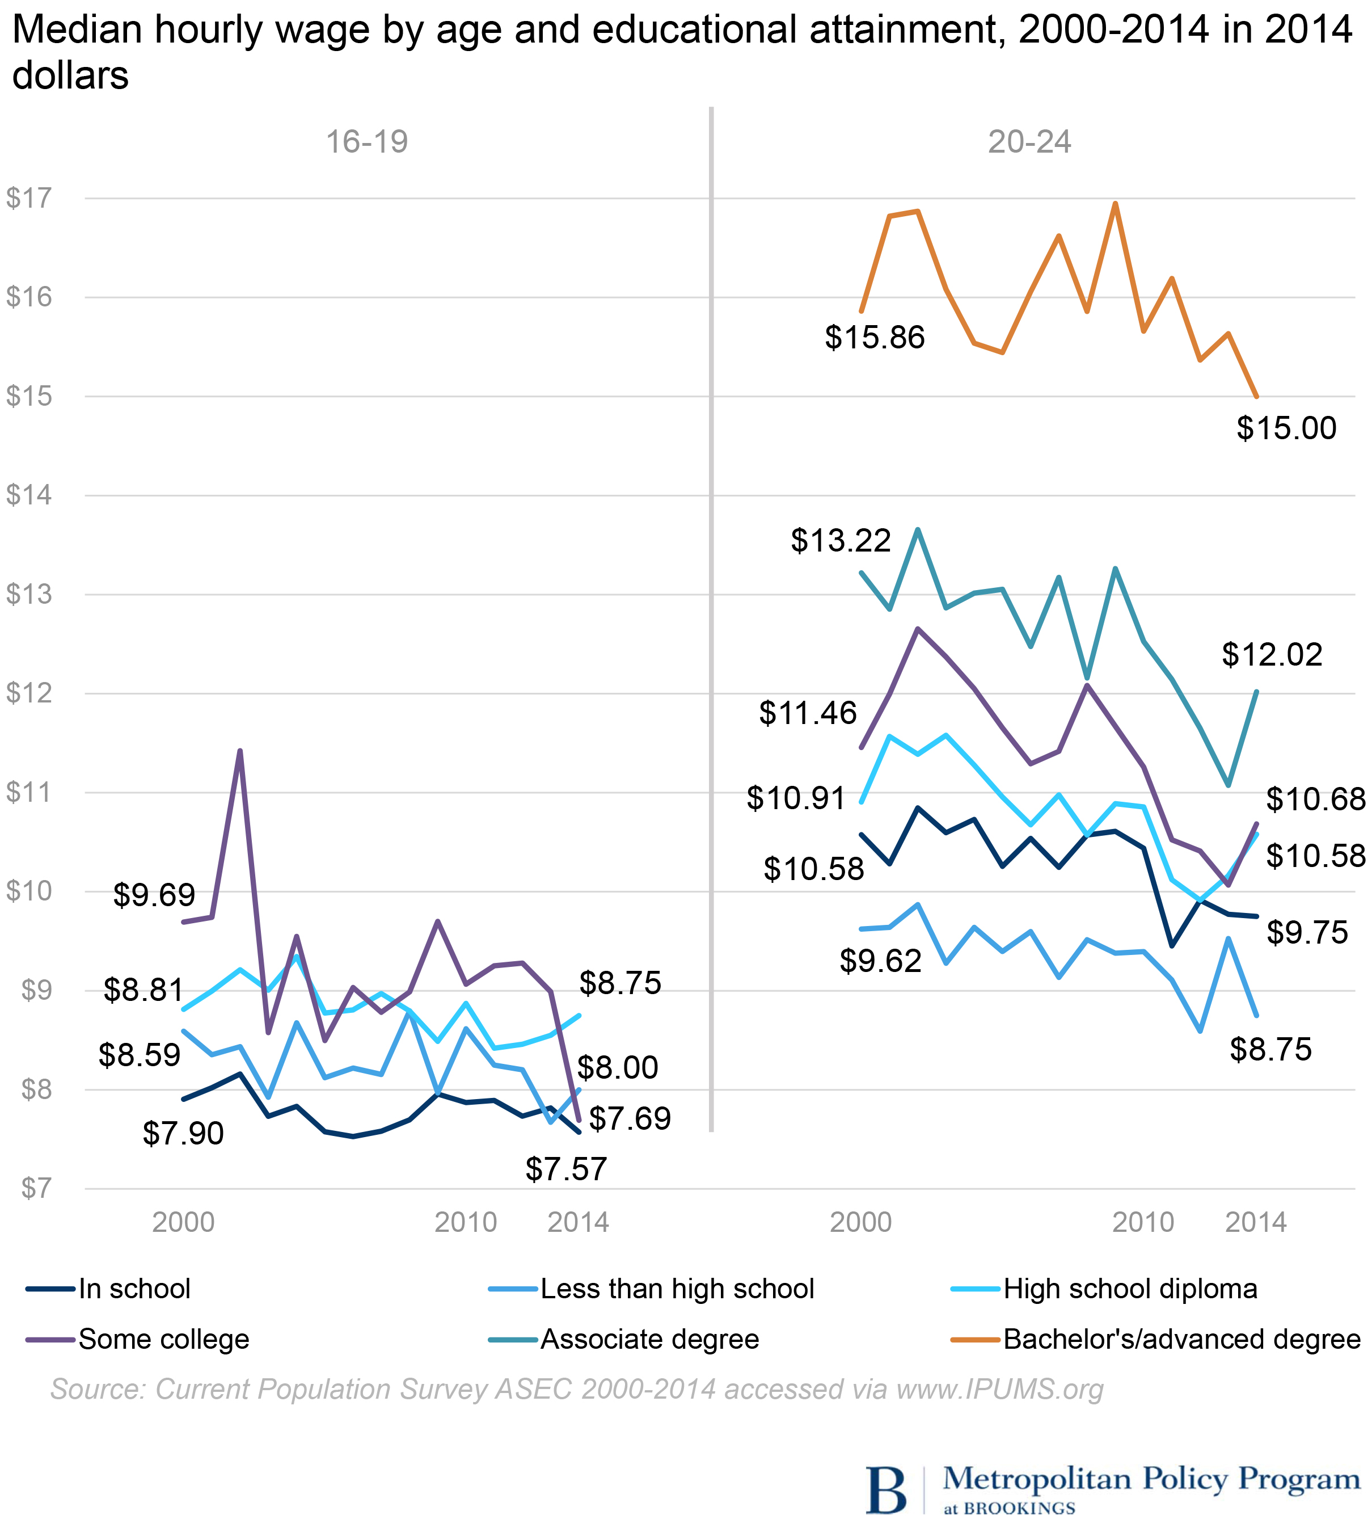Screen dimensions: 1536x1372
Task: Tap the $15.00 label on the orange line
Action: click(1286, 428)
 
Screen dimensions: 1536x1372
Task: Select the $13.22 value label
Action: click(841, 541)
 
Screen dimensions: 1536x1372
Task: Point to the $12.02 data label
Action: click(1272, 654)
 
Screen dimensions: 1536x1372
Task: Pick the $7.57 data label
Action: click(565, 1169)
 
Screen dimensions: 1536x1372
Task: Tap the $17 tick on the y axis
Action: click(29, 199)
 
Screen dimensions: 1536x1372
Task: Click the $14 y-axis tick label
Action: click(29, 495)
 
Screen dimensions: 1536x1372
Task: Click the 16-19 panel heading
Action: click(366, 142)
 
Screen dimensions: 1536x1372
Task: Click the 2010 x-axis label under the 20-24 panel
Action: click(1143, 1222)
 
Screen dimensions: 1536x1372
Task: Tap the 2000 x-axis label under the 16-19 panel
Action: click(183, 1222)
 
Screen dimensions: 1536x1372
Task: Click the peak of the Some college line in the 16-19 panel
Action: click(240, 751)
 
